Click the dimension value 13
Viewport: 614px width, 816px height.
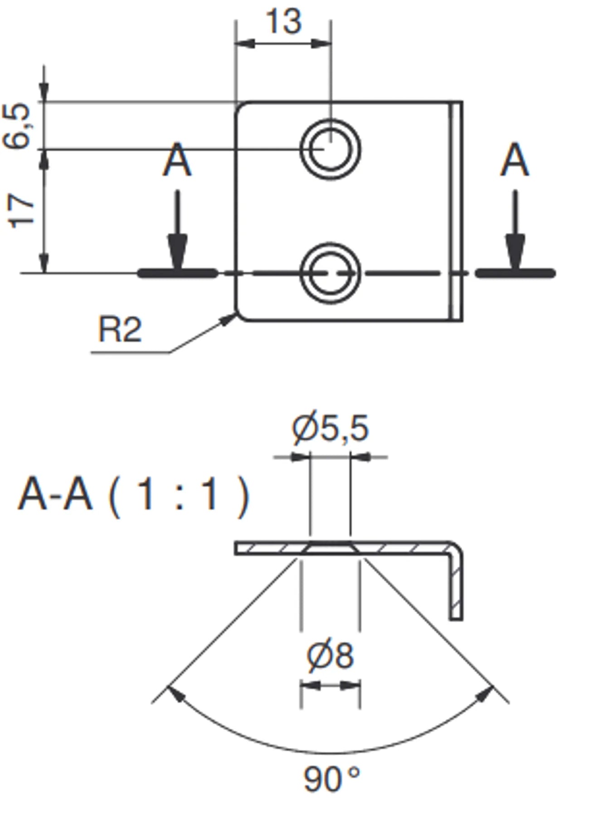(x=283, y=21)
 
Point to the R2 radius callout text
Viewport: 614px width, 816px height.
(x=120, y=330)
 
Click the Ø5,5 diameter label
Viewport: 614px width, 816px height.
(x=330, y=428)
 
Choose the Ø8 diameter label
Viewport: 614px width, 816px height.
(x=330, y=655)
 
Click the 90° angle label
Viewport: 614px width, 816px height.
(x=331, y=779)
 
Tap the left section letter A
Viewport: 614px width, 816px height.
(x=177, y=160)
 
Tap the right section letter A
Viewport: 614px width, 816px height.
(x=514, y=160)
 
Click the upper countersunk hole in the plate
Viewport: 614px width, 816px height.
(x=331, y=149)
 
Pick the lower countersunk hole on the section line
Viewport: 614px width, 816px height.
(x=331, y=273)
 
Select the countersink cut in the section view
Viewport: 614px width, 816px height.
(x=330, y=548)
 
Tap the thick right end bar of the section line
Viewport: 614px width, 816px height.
(x=515, y=273)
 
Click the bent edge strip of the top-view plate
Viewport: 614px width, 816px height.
(x=456, y=211)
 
